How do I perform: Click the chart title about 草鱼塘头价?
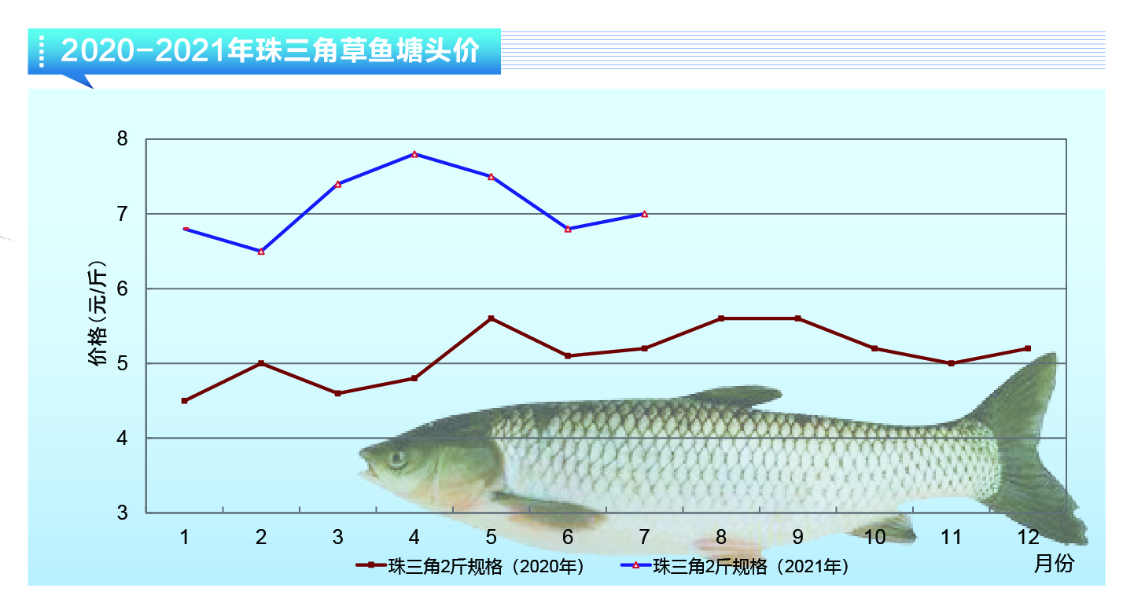tap(269, 51)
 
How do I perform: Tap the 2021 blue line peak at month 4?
tap(414, 154)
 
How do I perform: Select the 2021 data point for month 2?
tap(261, 251)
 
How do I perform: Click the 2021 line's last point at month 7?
tap(644, 214)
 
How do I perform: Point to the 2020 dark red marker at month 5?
tap(491, 318)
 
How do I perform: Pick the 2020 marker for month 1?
tap(184, 401)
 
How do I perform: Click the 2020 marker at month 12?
tap(1028, 348)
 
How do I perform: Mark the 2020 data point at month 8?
tap(721, 318)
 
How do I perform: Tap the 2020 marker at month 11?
tap(951, 363)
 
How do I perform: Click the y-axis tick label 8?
tap(122, 140)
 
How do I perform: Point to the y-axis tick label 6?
tap(122, 289)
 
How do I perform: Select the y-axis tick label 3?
tap(122, 513)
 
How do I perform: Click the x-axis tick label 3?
tap(337, 537)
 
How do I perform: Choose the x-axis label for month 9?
tap(797, 537)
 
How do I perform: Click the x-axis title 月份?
tap(1053, 564)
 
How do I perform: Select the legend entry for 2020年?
tap(472, 566)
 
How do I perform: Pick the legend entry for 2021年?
tap(737, 566)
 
